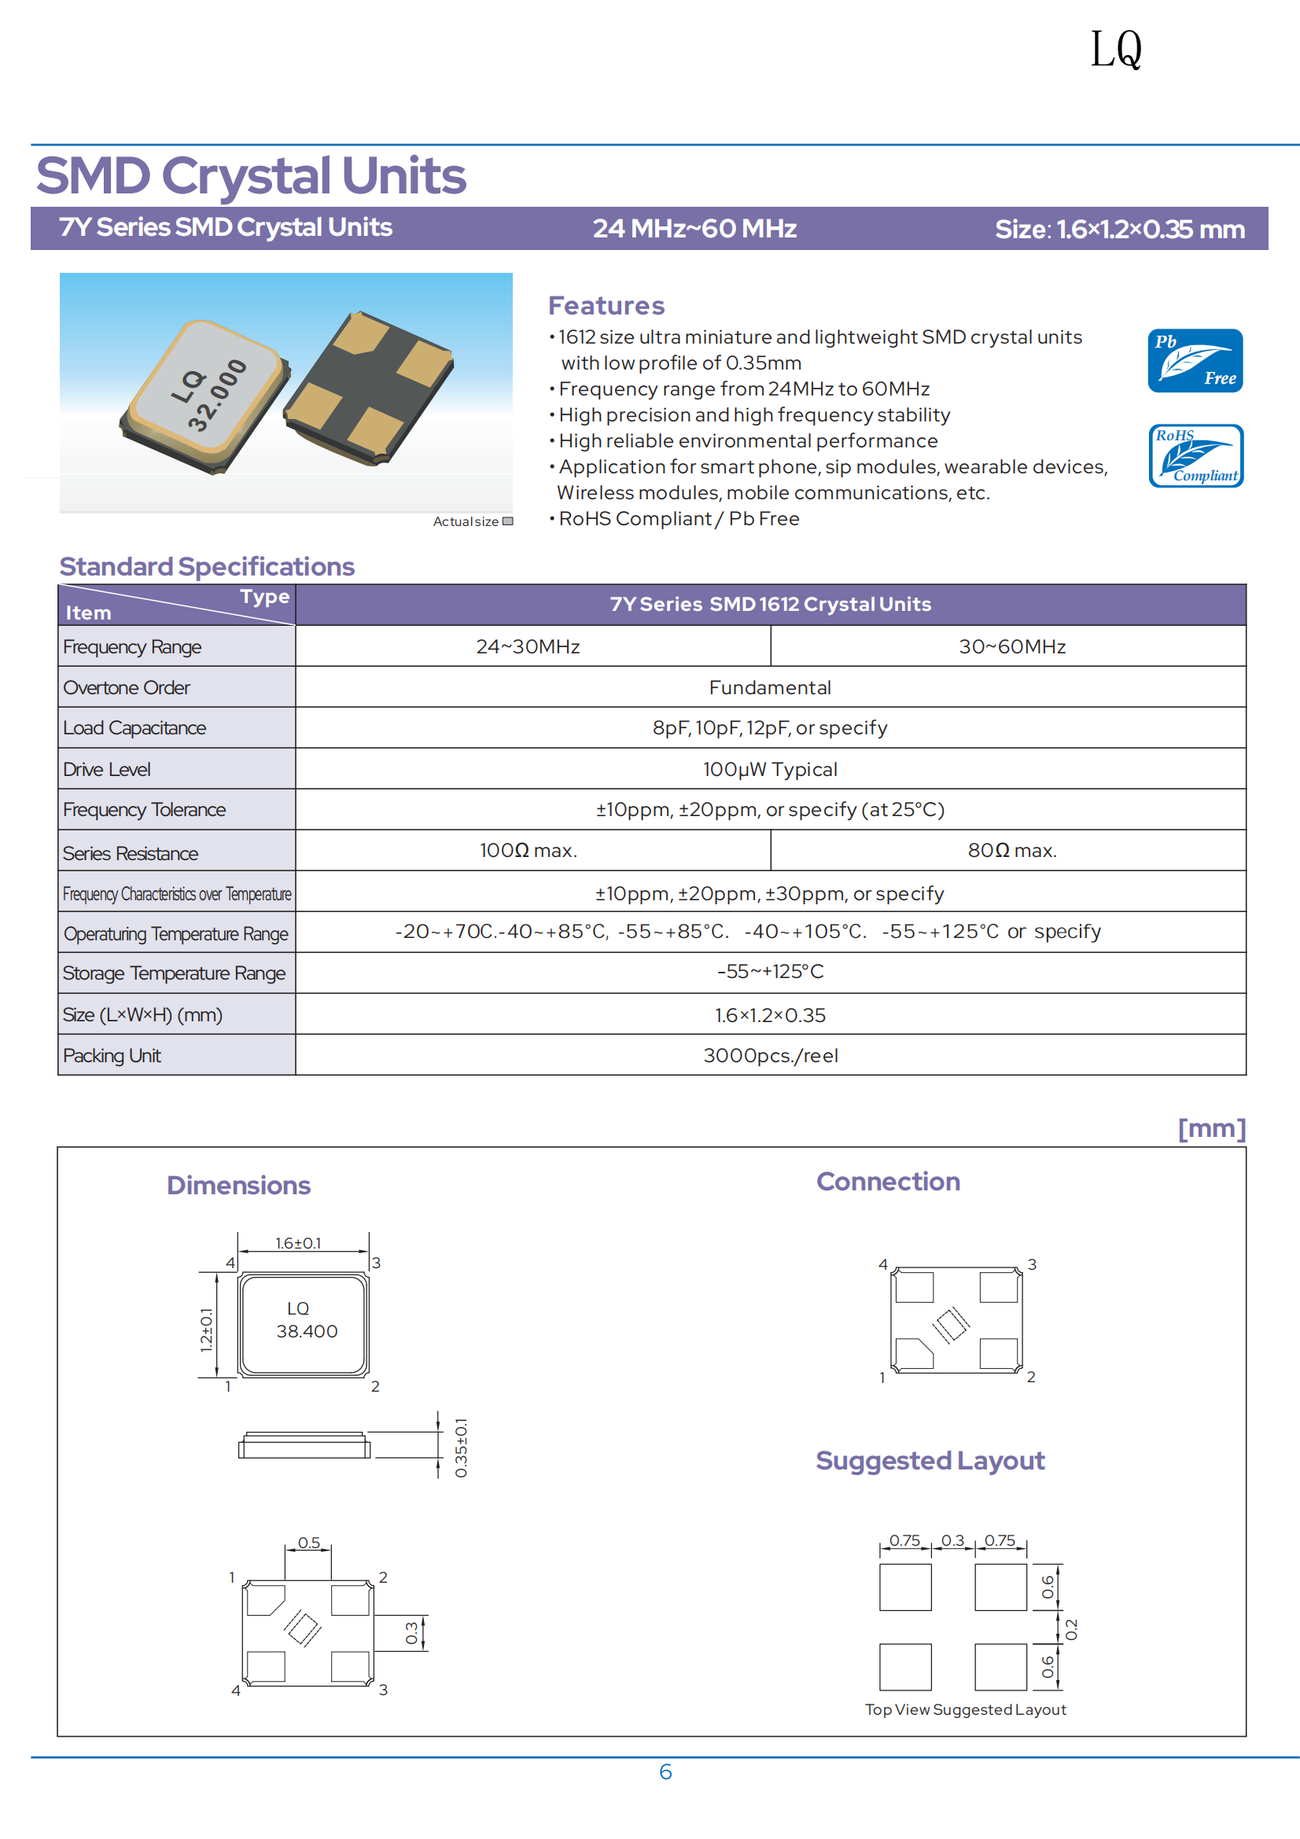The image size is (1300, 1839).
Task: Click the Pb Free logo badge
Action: [x=1195, y=360]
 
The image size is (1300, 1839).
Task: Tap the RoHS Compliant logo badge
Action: [x=1195, y=456]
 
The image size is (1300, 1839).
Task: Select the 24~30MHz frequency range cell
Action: [x=528, y=646]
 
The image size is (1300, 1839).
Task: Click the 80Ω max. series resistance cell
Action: [x=1011, y=850]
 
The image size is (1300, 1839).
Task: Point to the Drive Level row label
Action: [x=107, y=769]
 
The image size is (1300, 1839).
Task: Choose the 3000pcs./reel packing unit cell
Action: [x=771, y=1055]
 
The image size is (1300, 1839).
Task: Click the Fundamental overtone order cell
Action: [x=770, y=687]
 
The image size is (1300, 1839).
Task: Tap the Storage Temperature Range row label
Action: [x=174, y=973]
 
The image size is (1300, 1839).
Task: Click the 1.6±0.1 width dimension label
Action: [x=298, y=1243]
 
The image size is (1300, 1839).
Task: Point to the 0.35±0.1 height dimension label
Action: [x=461, y=1447]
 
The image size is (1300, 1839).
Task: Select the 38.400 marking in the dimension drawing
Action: [x=307, y=1331]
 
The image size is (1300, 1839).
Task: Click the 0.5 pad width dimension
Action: [x=308, y=1543]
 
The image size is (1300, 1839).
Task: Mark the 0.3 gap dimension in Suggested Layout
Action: [x=952, y=1540]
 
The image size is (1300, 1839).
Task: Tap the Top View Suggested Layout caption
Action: [x=965, y=1709]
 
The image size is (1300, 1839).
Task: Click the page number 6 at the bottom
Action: [x=665, y=1771]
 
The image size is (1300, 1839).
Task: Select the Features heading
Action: [x=606, y=305]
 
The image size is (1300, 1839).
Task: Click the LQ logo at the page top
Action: [x=1116, y=50]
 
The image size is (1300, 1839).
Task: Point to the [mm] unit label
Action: [x=1211, y=1128]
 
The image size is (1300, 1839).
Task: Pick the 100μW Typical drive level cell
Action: [x=770, y=769]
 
